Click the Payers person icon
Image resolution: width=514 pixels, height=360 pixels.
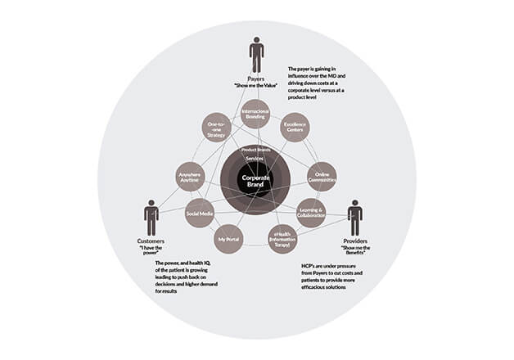click(256, 55)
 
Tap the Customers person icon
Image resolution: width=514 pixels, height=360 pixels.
click(151, 217)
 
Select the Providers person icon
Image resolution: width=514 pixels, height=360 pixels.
click(354, 218)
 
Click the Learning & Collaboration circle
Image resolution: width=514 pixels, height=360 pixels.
click(311, 211)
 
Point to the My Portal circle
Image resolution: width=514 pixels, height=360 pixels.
click(228, 239)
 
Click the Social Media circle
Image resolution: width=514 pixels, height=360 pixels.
click(200, 213)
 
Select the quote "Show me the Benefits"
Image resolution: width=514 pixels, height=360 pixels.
click(355, 250)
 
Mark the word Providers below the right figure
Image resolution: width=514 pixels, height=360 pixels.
click(355, 242)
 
